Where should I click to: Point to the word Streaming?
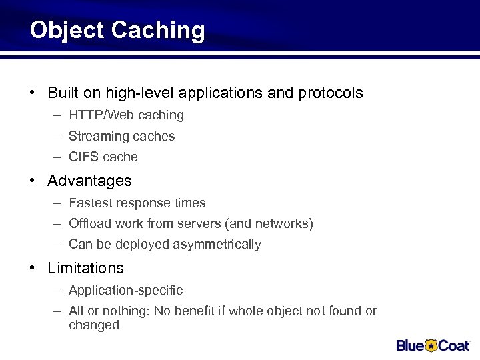pyautogui.click(x=97, y=137)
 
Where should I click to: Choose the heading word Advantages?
pyautogui.click(x=89, y=181)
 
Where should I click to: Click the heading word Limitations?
pyautogui.click(x=85, y=268)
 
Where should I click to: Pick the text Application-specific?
pyautogui.click(x=125, y=291)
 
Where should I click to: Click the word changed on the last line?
pyautogui.click(x=93, y=325)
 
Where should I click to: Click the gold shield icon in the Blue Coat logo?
pyautogui.click(x=431, y=345)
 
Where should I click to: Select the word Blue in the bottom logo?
pyautogui.click(x=411, y=345)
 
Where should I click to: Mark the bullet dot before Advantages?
pyautogui.click(x=32, y=181)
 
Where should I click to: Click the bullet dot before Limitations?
pyautogui.click(x=32, y=268)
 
